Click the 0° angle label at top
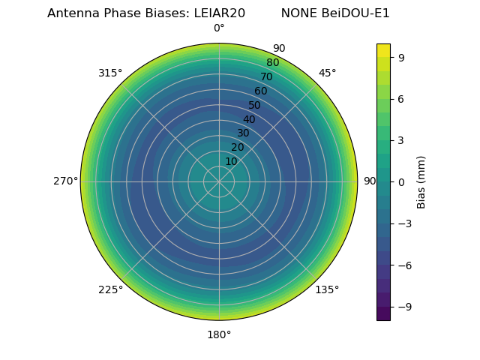[219, 28]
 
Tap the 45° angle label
[327, 73]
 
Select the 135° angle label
[327, 290]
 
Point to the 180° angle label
[219, 334]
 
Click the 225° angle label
[110, 290]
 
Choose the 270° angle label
[65, 181]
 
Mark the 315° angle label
[110, 73]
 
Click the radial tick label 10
[231, 161]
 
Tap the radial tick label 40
[249, 119]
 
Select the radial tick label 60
[260, 91]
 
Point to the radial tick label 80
[272, 63]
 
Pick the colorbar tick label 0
[400, 181]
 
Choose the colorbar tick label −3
[403, 223]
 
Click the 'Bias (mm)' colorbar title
[421, 181]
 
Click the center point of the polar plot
[219, 181]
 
